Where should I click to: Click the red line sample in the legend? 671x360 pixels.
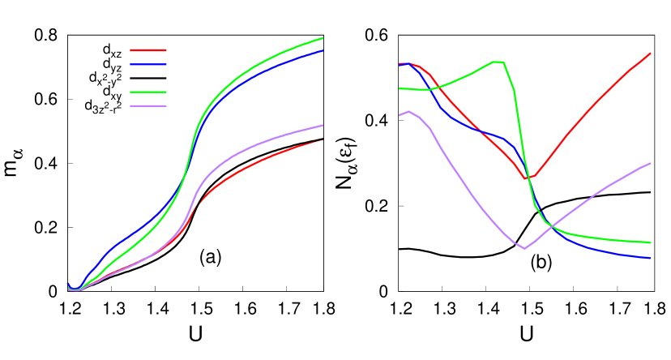pos(148,50)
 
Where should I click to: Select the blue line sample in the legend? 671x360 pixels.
pos(148,64)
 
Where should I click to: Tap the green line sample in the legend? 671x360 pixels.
pos(148,92)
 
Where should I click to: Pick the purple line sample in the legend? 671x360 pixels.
pos(148,106)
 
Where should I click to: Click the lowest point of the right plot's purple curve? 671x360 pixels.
pos(525,248)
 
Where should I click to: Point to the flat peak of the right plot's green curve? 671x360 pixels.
pos(498,62)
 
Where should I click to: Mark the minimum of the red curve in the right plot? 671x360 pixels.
pos(528,178)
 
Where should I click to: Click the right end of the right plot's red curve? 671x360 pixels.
pos(650,54)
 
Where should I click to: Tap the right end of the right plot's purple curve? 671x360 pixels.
pos(650,164)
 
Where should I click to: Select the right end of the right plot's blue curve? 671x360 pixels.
pos(650,258)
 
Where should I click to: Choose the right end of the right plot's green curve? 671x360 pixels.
pos(650,242)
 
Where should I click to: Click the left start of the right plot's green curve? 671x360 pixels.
pos(400,88)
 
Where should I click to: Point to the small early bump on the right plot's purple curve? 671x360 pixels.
pos(409,112)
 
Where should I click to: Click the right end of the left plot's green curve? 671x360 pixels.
pos(323,38)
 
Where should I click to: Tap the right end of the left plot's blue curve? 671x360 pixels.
pos(323,51)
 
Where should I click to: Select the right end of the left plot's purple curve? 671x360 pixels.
pos(323,126)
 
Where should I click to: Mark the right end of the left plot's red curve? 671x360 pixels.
pos(323,140)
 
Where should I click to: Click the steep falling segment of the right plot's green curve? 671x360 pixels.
pos(523,146)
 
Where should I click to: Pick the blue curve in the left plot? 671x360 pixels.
pos(130,236)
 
